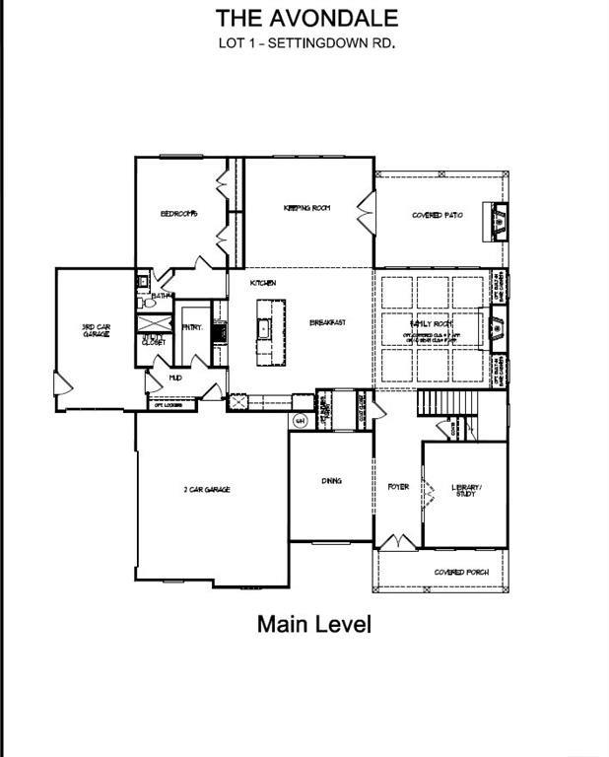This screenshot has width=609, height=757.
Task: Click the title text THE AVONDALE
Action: click(x=306, y=17)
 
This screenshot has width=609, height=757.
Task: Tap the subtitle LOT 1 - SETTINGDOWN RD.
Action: click(x=306, y=43)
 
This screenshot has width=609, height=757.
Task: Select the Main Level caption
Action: click(x=314, y=624)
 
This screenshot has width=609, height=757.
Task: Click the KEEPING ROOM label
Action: click(x=306, y=208)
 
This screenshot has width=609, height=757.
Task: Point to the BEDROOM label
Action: click(x=179, y=214)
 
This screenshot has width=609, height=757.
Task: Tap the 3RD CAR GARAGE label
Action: click(x=95, y=331)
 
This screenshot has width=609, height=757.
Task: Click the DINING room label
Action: click(x=331, y=481)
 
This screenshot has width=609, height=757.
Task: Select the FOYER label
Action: click(x=398, y=487)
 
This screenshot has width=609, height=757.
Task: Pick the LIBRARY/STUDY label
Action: click(x=466, y=491)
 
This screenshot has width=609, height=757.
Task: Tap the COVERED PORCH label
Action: click(x=456, y=572)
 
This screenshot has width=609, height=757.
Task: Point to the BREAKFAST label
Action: click(x=327, y=323)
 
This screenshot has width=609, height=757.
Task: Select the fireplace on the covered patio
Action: click(x=496, y=220)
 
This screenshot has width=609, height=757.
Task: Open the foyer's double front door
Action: click(x=398, y=542)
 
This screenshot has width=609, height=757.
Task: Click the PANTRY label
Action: click(x=191, y=328)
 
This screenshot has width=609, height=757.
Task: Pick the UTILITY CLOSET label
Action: click(x=153, y=340)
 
